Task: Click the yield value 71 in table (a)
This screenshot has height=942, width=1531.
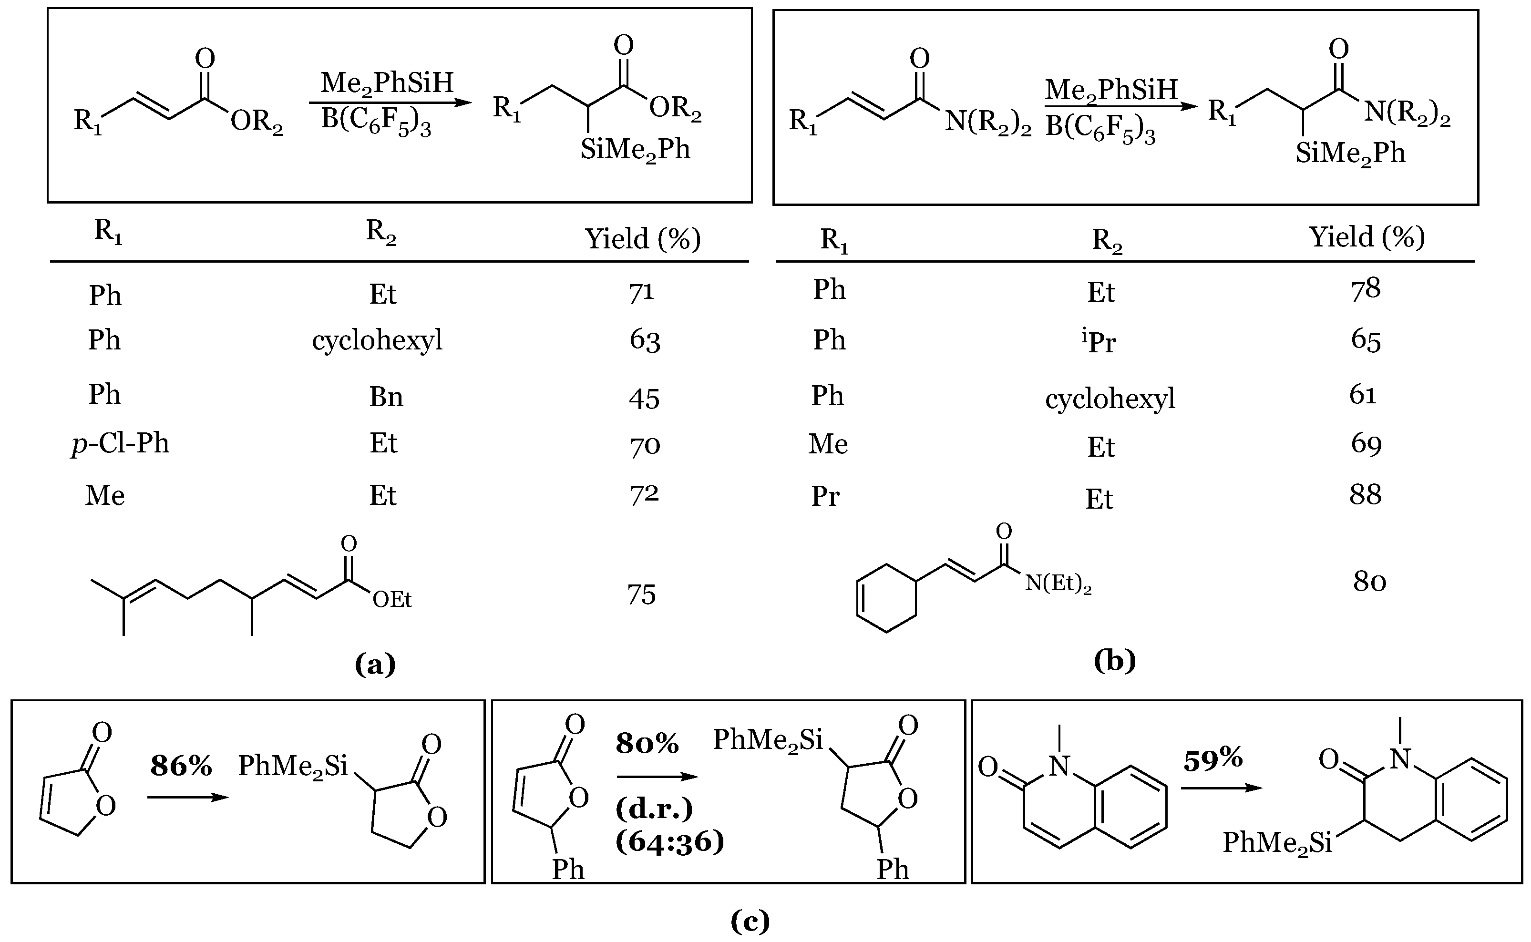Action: pos(641,293)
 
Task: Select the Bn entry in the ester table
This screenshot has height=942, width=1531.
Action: pos(386,397)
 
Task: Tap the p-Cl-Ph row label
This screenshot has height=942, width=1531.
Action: pos(120,443)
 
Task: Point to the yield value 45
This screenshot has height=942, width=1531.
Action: pos(644,398)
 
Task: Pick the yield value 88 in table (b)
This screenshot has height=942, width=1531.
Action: pos(1365,495)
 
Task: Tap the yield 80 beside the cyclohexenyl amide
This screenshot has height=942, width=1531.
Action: pos(1369,581)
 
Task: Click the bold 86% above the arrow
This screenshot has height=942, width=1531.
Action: pos(181,766)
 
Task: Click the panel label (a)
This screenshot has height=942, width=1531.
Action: pos(375,664)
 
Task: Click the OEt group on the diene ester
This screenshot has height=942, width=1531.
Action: pos(392,599)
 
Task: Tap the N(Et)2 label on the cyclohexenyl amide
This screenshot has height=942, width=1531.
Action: pos(1058,584)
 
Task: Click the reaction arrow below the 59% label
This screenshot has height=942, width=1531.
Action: pos(1221,788)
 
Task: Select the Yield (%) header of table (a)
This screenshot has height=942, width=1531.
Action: pos(642,239)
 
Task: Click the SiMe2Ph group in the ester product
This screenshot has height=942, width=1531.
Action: pos(635,150)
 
